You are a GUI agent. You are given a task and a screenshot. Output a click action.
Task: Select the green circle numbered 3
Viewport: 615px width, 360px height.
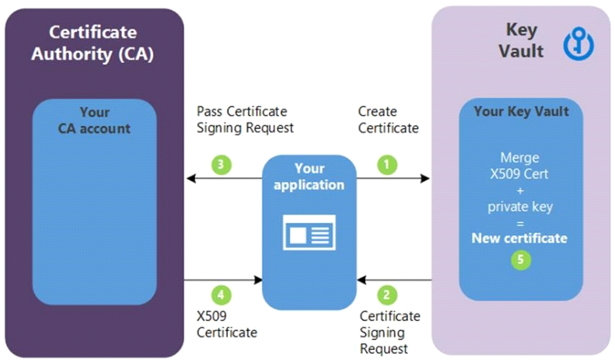(222, 164)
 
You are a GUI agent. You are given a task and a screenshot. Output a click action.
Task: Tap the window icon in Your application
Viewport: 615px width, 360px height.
(309, 232)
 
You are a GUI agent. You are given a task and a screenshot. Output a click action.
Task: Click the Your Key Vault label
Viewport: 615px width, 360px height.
(521, 111)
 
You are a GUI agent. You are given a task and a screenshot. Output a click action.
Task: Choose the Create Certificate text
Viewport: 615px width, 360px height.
(388, 119)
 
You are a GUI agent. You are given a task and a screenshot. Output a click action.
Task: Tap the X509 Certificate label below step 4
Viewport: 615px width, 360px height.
(225, 324)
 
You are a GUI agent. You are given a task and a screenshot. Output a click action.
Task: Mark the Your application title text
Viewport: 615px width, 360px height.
(309, 177)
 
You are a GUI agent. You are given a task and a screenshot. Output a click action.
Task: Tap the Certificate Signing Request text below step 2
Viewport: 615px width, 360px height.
(390, 332)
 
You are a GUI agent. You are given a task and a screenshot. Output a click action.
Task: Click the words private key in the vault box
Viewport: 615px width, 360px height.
(521, 205)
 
